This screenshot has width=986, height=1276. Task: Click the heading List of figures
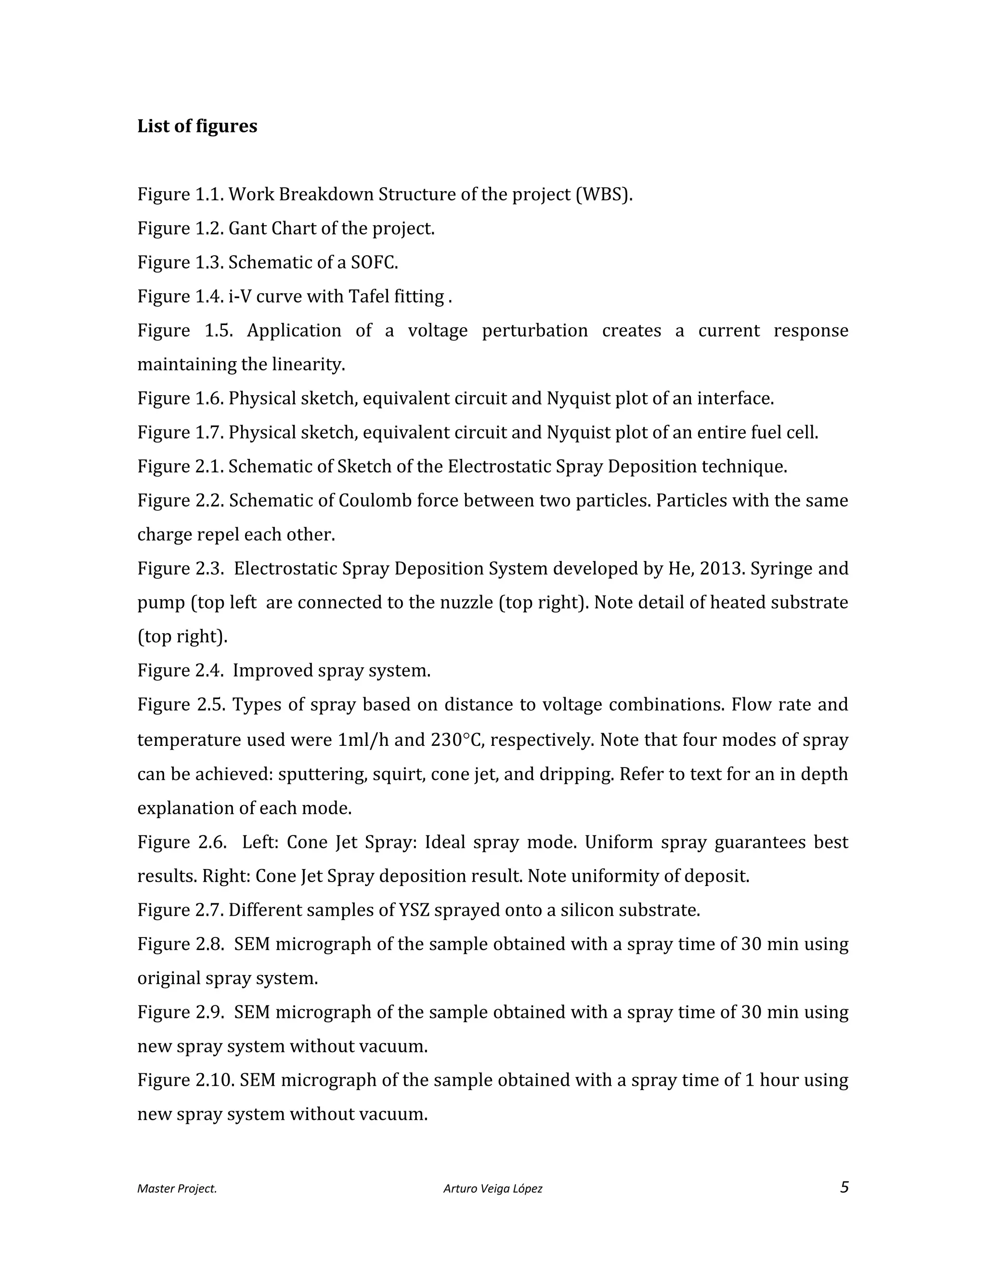point(197,126)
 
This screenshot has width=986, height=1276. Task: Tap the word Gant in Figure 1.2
point(246,228)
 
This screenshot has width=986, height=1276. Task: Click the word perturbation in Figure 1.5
point(534,330)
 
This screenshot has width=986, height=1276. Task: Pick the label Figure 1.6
point(181,399)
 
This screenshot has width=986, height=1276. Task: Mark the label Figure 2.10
point(186,1080)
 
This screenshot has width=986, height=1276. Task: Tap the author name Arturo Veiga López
point(493,1188)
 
